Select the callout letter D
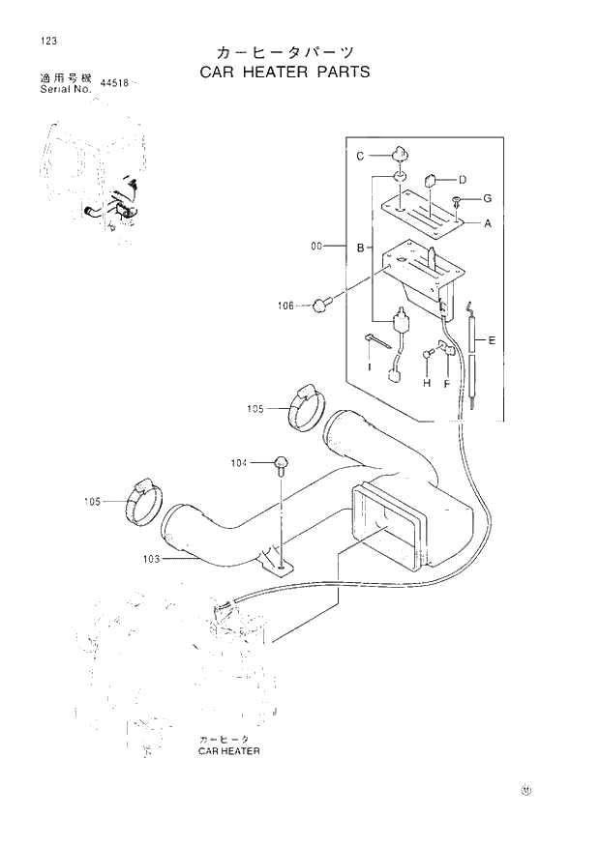[x=464, y=179]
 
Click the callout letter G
[x=488, y=198]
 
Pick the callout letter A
[x=488, y=223]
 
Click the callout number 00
[x=315, y=248]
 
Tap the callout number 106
[x=285, y=307]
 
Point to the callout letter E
[x=492, y=340]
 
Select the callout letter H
[x=426, y=383]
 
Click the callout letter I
[x=369, y=368]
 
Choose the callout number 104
[x=239, y=464]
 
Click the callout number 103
[x=150, y=558]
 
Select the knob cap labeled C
[x=399, y=153]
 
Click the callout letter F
[x=447, y=383]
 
